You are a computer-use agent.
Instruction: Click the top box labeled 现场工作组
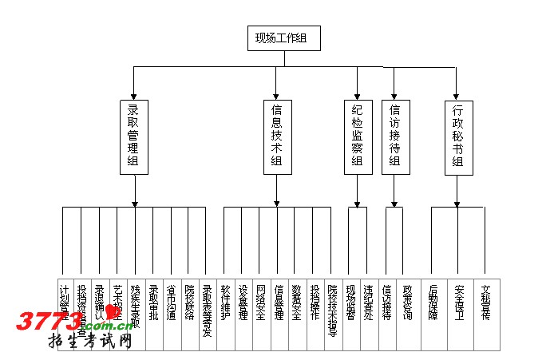(x=283, y=38)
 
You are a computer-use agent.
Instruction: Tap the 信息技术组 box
(x=276, y=137)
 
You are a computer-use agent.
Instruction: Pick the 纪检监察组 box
(x=357, y=137)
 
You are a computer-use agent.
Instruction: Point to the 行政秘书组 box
(x=457, y=137)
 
